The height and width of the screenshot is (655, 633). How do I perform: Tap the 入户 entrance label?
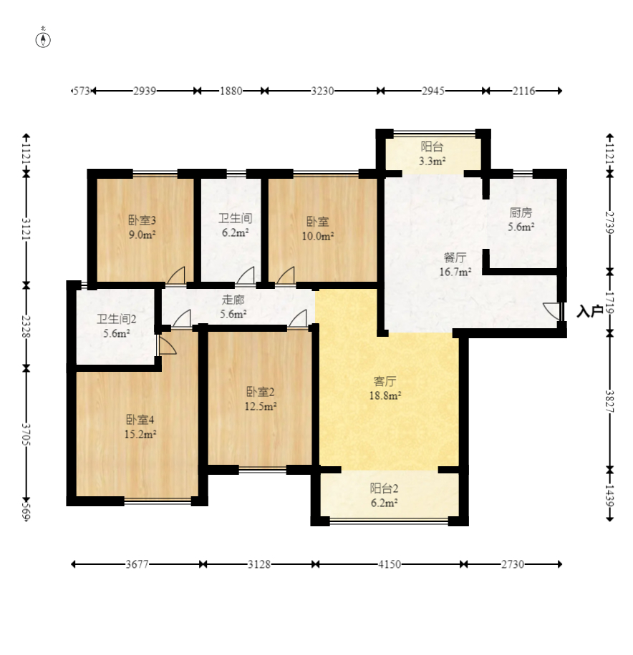click(589, 311)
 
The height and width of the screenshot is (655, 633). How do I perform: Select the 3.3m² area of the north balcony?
click(432, 161)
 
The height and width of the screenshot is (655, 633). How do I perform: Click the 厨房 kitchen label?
click(521, 212)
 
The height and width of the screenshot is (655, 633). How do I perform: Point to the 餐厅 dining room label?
click(455, 257)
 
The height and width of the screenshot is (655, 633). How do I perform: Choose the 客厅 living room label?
click(385, 381)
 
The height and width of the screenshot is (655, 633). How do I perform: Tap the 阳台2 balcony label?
click(384, 488)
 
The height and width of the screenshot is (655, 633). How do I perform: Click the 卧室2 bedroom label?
click(260, 392)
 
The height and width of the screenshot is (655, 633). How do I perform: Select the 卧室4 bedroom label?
click(140, 420)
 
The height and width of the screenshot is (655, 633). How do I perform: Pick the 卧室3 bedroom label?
click(142, 220)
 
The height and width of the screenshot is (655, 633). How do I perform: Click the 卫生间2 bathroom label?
click(116, 320)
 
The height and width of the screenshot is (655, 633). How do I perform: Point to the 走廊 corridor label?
click(233, 300)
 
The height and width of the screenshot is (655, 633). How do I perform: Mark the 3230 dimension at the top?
click(322, 91)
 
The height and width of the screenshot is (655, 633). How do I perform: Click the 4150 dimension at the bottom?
click(390, 564)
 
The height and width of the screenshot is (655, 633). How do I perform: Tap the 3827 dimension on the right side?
click(609, 401)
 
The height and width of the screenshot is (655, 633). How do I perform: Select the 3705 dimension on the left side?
click(26, 435)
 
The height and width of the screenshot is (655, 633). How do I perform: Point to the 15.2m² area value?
click(140, 434)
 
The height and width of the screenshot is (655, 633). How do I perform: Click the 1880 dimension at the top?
click(231, 91)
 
